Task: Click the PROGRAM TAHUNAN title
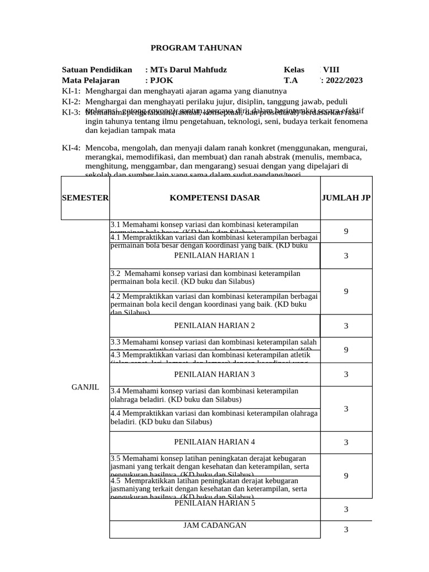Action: pyautogui.click(x=197, y=48)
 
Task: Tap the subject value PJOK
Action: pyautogui.click(x=163, y=80)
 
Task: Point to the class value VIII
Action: pyautogui.click(x=331, y=70)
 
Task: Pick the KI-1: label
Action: pyautogui.click(x=71, y=90)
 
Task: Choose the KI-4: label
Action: pyautogui.click(x=71, y=148)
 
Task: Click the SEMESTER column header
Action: pyautogui.click(x=85, y=198)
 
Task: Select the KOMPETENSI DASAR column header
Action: pyautogui.click(x=214, y=198)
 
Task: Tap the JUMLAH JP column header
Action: pyautogui.click(x=346, y=198)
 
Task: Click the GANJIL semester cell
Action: pyautogui.click(x=85, y=388)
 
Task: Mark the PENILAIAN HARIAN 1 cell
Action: pyautogui.click(x=214, y=255)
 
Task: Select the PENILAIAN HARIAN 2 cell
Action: pyautogui.click(x=214, y=326)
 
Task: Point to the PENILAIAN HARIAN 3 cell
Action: pyautogui.click(x=214, y=374)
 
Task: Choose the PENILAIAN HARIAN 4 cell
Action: pyautogui.click(x=214, y=442)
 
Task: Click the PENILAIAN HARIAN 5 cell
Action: pyautogui.click(x=214, y=503)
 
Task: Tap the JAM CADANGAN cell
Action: pyautogui.click(x=214, y=526)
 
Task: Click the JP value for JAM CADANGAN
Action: pyautogui.click(x=346, y=530)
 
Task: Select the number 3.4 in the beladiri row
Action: pyautogui.click(x=116, y=391)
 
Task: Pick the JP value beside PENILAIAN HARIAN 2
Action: pyautogui.click(x=346, y=326)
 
